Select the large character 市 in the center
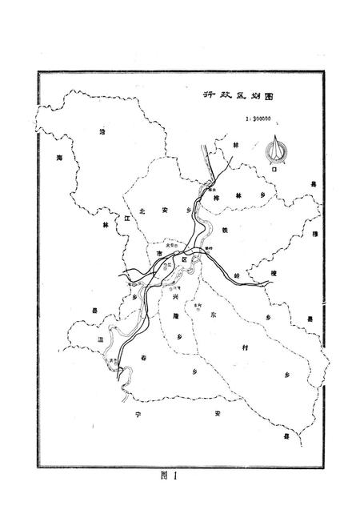(159, 252)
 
